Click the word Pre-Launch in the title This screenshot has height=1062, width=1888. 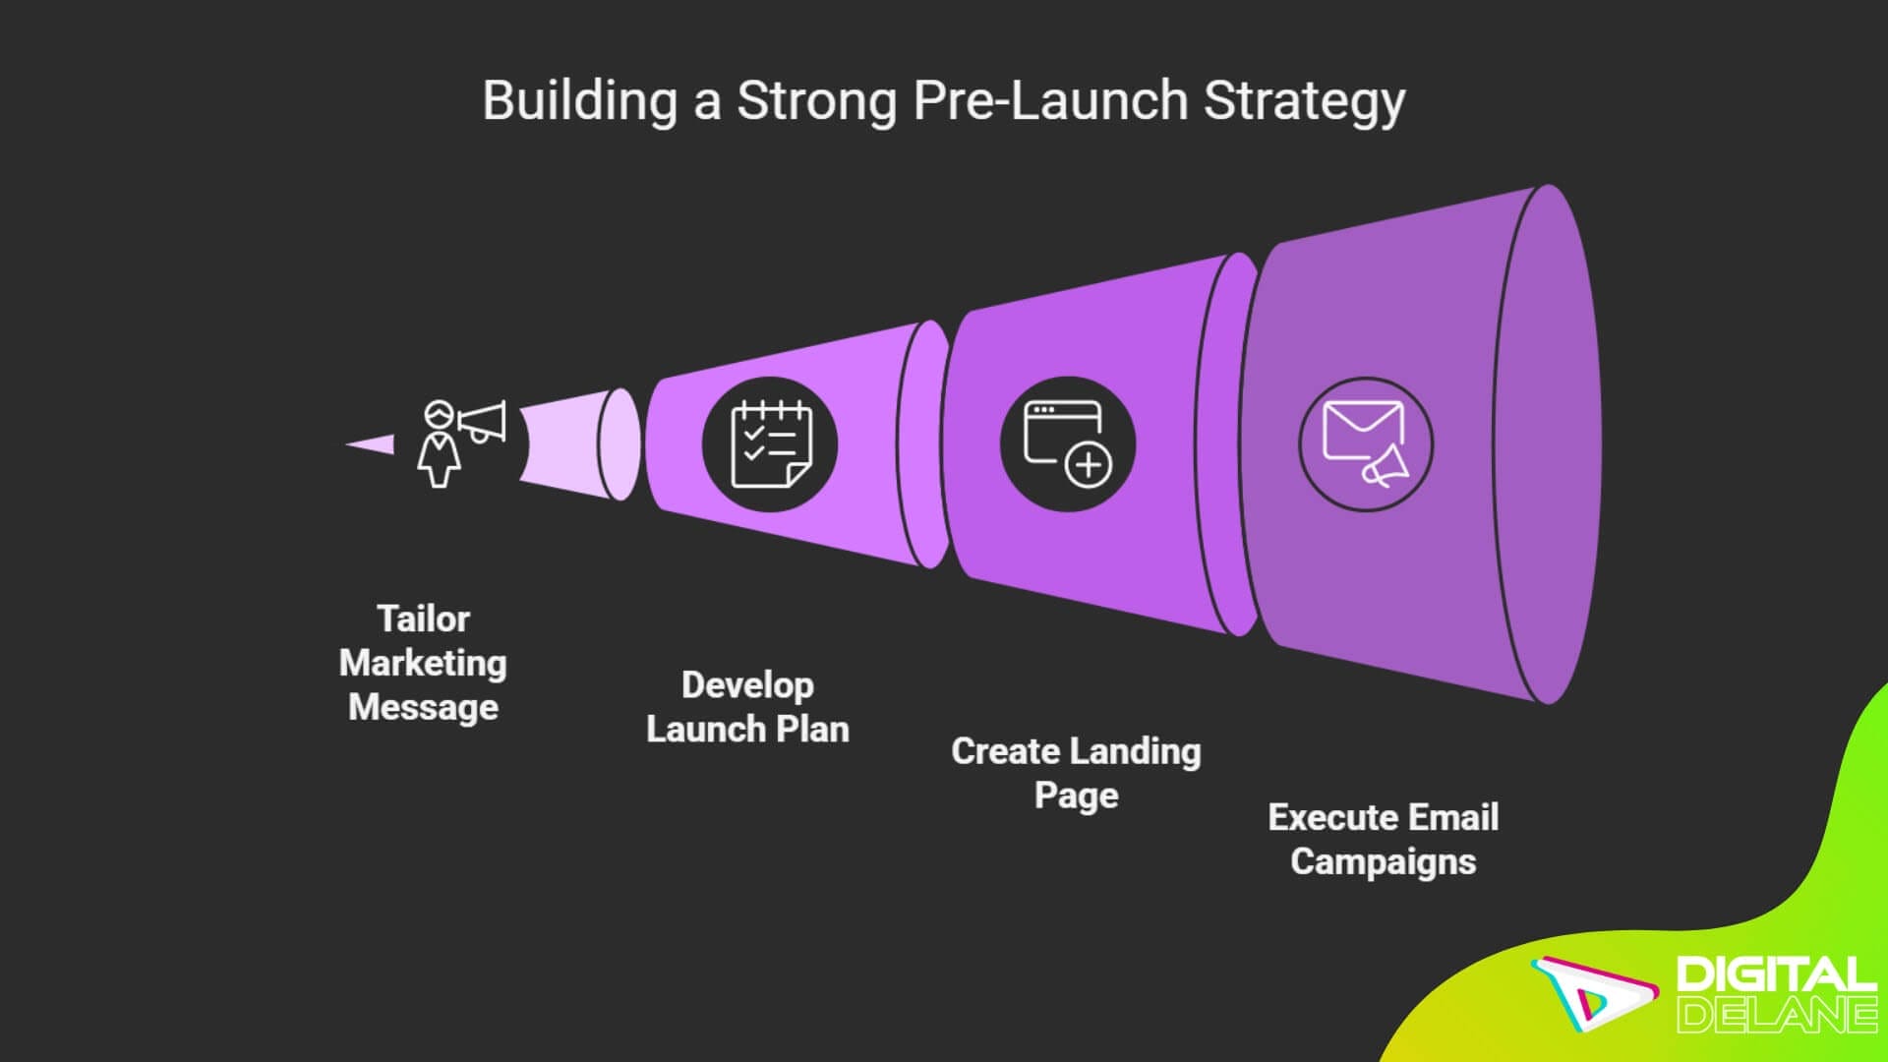(1050, 100)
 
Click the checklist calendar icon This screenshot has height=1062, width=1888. (770, 444)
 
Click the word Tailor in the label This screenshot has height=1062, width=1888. (423, 619)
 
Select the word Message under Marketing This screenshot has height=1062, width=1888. (423, 707)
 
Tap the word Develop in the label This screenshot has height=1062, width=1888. (747, 684)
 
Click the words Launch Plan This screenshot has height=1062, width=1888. (747, 730)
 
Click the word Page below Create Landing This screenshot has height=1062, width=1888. (1076, 795)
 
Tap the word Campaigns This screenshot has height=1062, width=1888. (1383, 861)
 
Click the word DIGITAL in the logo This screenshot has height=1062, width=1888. (1775, 974)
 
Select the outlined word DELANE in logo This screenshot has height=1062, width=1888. (1775, 1014)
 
